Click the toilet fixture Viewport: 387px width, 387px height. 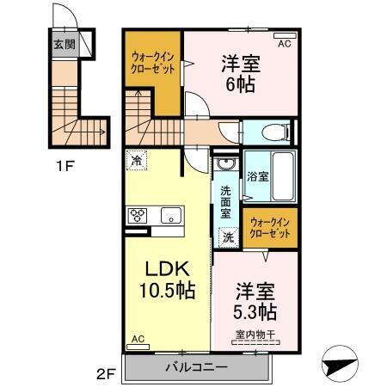coord(274,132)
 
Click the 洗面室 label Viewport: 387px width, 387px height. coord(225,201)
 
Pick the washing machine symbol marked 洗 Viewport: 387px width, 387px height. coord(229,236)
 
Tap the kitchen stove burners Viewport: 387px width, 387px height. coord(138,215)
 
